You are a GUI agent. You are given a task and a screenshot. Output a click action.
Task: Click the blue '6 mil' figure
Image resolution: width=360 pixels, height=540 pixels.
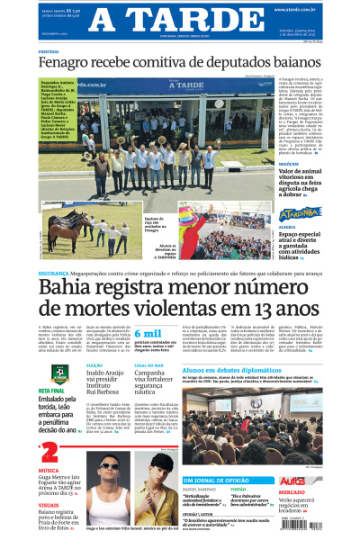coord(149,334)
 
